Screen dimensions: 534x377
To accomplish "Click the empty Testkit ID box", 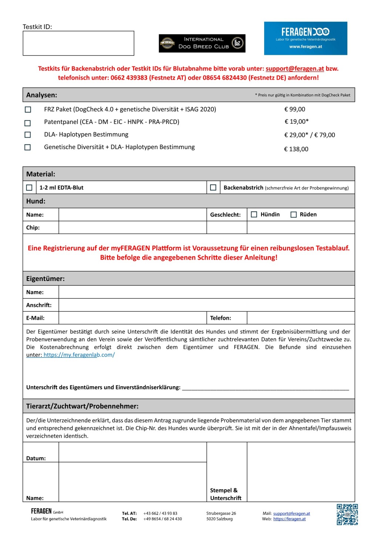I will coord(78,43).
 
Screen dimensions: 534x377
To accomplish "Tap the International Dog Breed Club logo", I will coord(202,43).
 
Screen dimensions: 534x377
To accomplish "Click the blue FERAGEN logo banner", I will coord(306,38).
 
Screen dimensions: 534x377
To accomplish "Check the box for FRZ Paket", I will coord(28,110).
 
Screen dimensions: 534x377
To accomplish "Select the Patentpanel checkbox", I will coord(28,123).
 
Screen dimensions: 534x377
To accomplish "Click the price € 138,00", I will coord(296,149).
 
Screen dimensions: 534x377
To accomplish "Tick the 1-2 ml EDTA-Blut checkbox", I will coord(29,188).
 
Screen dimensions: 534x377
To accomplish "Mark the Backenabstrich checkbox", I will coord(213,188).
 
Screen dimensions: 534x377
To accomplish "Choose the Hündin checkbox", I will coord(254,214).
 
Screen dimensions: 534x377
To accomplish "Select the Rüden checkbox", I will coord(294,215).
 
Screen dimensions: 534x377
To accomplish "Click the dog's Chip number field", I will coord(132,228).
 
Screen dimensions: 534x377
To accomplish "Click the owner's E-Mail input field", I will coord(132,318).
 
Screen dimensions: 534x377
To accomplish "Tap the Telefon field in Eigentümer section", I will coord(300,318).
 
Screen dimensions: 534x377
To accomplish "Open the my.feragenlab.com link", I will coord(79,355).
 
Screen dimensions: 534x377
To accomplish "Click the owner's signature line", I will coord(265,388).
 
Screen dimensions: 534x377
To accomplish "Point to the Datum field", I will coord(132,452).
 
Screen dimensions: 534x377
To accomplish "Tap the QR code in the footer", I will coord(347,514).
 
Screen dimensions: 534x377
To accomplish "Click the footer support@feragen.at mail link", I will coord(292,514).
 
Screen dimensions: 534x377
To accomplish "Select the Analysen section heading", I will coord(42,95).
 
